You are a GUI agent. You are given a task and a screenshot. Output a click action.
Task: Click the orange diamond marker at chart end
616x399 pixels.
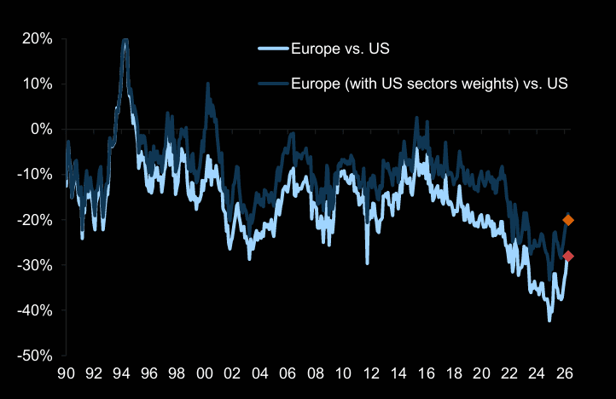pos(568,220)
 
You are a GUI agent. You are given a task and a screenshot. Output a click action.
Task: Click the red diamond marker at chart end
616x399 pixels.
pos(568,256)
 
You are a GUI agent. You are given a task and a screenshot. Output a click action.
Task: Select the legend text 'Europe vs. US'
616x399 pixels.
pos(340,49)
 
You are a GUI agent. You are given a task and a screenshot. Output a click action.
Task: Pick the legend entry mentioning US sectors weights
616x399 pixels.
pos(429,84)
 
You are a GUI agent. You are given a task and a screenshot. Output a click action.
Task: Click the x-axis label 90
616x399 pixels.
pos(65,373)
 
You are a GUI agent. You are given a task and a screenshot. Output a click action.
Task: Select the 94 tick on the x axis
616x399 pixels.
pos(120,373)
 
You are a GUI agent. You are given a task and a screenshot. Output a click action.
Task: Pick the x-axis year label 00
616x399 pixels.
pos(204,373)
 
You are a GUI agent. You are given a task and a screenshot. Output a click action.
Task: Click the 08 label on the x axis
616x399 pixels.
pos(315,373)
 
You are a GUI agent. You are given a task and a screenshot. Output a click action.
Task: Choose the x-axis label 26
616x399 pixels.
pos(565,373)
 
